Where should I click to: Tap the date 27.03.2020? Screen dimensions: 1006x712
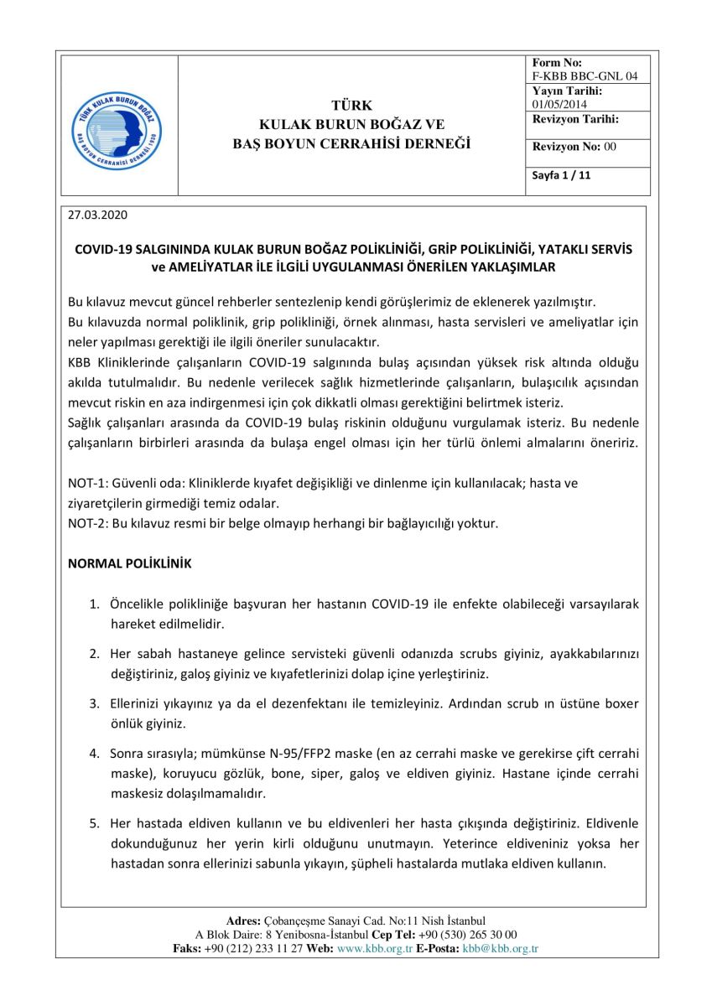(96, 215)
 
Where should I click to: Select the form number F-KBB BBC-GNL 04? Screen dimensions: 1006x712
(585, 76)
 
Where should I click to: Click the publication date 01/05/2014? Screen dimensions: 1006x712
(559, 105)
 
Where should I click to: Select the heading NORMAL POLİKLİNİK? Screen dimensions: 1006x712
(129, 564)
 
